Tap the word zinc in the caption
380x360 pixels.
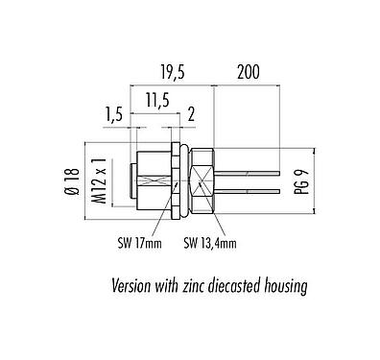click(202, 286)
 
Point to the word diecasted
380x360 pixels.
click(247, 286)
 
